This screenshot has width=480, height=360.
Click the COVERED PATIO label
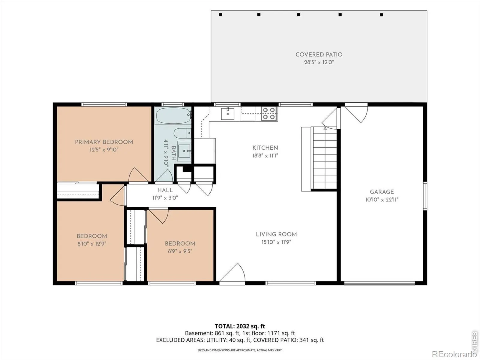point(319,54)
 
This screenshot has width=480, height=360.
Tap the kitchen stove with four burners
point(269,114)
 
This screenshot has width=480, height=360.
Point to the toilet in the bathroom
point(182,133)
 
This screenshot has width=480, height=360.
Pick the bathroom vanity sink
point(184,151)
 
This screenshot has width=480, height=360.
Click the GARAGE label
point(382,192)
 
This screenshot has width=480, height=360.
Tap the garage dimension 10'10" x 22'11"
point(382,199)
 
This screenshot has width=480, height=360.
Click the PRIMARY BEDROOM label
point(104,142)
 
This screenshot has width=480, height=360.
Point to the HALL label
point(165,190)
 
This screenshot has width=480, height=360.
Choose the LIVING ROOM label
point(276,234)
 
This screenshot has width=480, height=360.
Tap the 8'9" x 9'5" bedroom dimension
point(180,251)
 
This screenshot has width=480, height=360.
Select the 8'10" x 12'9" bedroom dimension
point(92,244)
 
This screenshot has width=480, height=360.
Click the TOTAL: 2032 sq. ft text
point(240,326)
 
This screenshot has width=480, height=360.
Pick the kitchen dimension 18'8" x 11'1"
point(265,156)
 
